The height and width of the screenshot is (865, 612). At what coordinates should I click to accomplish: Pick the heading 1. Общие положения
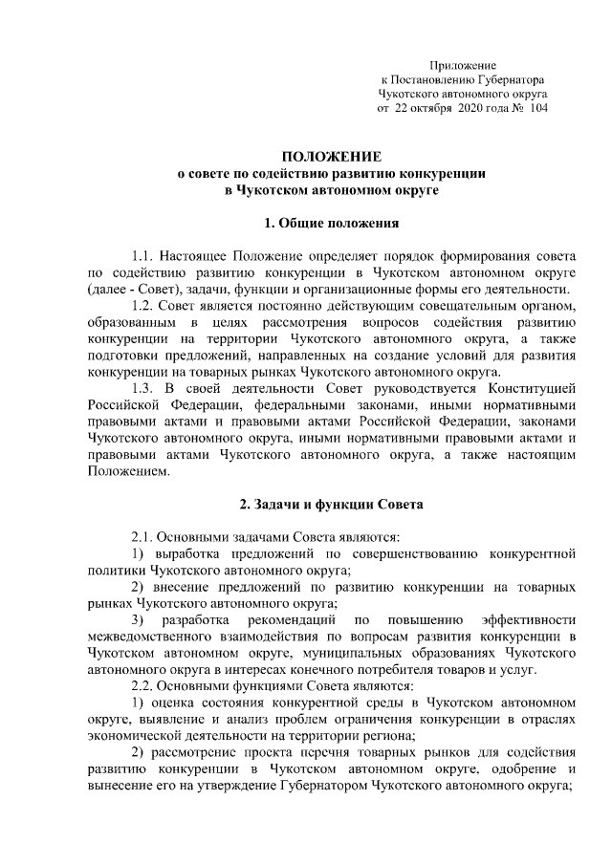click(x=323, y=225)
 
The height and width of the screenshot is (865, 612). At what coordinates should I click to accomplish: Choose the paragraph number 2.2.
click(x=143, y=685)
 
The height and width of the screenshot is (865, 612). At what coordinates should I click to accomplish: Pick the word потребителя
click(x=381, y=669)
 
